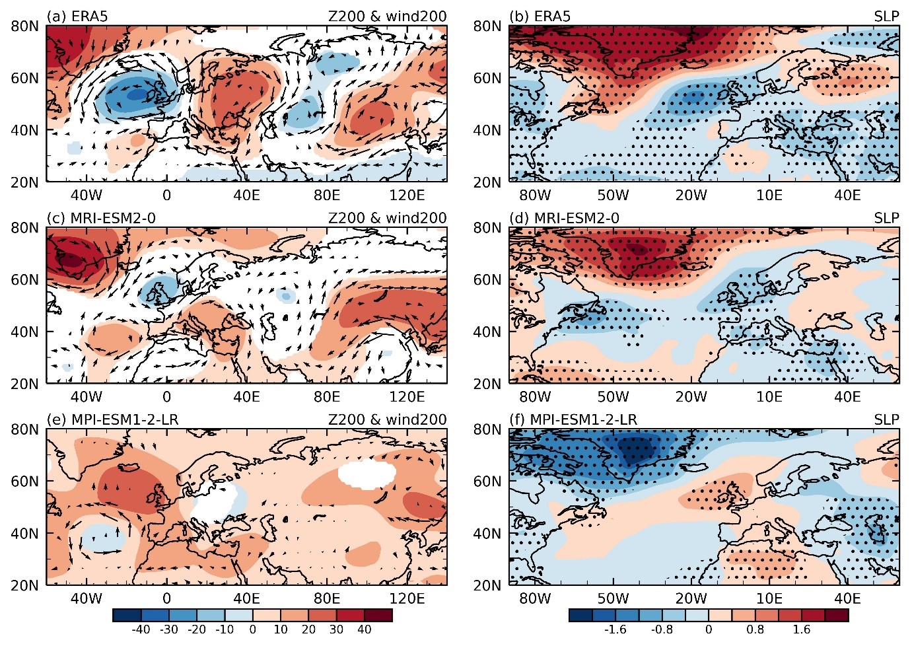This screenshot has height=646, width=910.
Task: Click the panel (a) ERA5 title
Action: (x=77, y=17)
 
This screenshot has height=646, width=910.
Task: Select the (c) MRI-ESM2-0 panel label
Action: (x=101, y=218)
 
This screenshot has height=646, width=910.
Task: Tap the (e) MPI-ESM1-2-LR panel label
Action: (x=112, y=419)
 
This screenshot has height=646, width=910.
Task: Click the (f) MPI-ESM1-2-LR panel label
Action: (x=573, y=419)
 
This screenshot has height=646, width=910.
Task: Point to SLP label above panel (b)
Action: (x=887, y=17)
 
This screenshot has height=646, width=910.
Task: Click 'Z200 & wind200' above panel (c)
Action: (x=387, y=218)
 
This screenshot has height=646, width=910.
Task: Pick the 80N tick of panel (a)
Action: (x=25, y=26)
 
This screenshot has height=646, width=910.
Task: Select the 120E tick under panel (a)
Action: (x=407, y=196)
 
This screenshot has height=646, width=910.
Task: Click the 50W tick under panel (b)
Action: (x=613, y=196)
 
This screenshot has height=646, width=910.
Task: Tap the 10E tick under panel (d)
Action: (x=769, y=396)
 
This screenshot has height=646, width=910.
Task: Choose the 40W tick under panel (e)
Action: (x=86, y=598)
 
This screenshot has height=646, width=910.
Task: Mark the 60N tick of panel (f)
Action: (x=487, y=482)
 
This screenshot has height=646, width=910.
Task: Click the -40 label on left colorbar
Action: (x=141, y=629)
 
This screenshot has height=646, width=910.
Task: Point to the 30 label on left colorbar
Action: (x=336, y=629)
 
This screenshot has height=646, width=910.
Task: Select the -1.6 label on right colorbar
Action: (x=615, y=629)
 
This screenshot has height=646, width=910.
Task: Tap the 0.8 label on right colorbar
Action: (x=755, y=629)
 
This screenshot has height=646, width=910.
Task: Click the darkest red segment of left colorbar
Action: (x=378, y=615)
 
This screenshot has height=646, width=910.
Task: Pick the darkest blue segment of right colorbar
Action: (x=580, y=615)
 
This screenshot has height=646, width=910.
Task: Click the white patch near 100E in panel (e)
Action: (x=367, y=474)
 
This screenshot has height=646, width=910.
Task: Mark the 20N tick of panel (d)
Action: (x=487, y=384)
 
